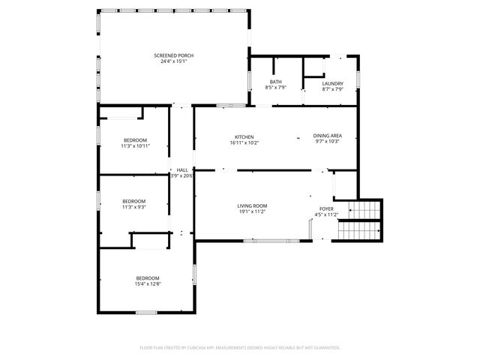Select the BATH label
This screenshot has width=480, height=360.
276,82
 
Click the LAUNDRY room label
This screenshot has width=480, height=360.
332,83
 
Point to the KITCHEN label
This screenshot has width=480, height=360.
244,136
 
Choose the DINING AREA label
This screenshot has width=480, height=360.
328,136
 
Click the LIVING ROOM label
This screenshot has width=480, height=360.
252,206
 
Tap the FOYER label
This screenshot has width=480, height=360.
327,209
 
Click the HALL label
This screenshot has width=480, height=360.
182,170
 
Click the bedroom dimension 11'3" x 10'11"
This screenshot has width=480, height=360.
136,146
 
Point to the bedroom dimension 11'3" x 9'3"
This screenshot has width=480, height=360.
134,207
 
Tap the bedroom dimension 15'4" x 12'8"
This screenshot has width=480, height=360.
148,284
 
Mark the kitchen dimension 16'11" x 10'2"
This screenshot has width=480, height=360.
244,142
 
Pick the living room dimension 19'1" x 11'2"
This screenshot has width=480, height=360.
252,212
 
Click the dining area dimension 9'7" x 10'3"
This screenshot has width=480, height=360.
328,142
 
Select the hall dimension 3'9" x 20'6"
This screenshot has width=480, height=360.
182,176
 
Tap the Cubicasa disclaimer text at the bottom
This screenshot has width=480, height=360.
240,347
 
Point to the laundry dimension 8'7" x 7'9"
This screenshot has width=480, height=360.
332,89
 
